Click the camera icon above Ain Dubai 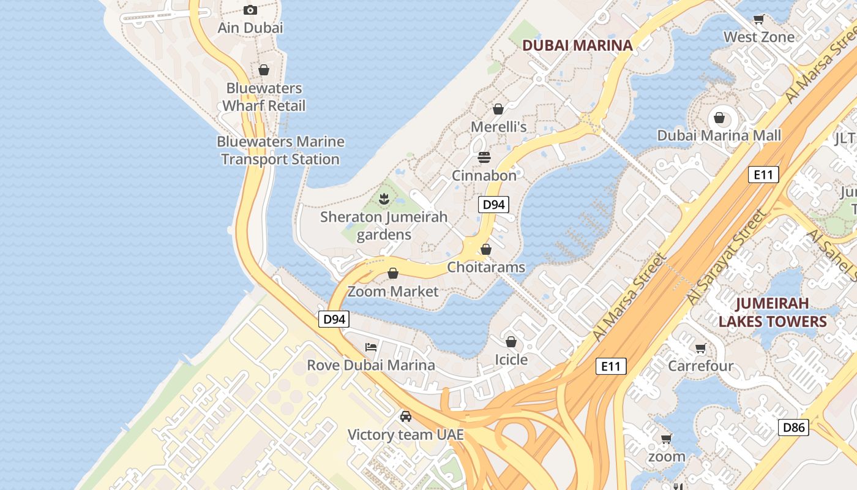coord(250,10)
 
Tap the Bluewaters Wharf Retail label coord(263,97)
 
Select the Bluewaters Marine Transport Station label coord(280,150)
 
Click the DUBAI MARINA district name coord(577,45)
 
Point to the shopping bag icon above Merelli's coord(498,109)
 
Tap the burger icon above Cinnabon coord(484,157)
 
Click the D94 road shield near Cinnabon coord(493,205)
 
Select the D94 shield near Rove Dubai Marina coord(334,319)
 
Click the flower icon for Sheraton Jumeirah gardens coord(384,198)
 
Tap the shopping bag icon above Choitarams coord(486,249)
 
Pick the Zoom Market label coord(393,291)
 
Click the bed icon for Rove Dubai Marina coord(371,347)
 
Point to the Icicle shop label coord(511,360)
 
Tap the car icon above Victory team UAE coord(405,417)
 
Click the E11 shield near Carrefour coord(611,367)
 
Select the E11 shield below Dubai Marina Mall coord(763,175)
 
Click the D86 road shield coord(793,428)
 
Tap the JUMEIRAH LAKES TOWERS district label coord(773,312)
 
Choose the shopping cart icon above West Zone coord(759,19)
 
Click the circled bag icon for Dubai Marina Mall coord(719,117)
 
